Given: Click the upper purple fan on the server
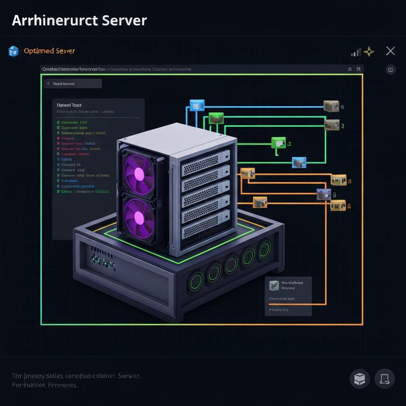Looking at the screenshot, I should [139, 174].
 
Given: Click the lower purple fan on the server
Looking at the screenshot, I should [139, 218].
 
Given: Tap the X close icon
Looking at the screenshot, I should [390, 51].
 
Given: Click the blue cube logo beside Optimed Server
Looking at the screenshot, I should [13, 51].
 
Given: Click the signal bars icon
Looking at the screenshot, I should [356, 52].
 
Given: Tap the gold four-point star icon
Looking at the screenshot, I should [369, 51].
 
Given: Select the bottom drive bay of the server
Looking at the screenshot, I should [206, 231].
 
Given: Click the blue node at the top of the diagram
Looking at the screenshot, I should [197, 105].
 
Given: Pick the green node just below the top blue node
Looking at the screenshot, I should [216, 118].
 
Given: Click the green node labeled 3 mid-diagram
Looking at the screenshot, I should [279, 143].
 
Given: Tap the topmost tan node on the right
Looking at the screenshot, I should [331, 106].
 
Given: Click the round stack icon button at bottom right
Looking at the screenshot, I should [360, 379].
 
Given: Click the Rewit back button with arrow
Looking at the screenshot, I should [73, 84].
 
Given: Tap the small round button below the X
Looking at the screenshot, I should [391, 70].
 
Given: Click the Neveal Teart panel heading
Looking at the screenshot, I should [69, 105].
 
